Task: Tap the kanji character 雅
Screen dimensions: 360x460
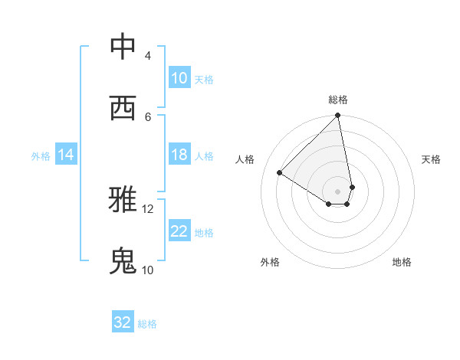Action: pos(123,201)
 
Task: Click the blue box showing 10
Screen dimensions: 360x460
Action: pos(179,78)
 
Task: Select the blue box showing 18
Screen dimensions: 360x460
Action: pos(179,155)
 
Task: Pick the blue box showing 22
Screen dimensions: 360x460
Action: pos(179,231)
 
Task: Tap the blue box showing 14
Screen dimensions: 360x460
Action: pos(66,155)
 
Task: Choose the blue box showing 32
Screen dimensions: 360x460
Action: pos(123,322)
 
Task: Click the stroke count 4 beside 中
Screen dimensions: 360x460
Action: pos(148,55)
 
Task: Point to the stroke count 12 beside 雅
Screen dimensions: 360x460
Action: pos(148,208)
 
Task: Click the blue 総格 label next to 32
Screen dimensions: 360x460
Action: pos(147,323)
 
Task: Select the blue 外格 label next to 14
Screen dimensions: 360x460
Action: pos(41,155)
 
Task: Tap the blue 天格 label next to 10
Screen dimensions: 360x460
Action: pos(204,79)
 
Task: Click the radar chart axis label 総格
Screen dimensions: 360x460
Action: pos(338,100)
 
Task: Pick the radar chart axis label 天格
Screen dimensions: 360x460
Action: pos(431,159)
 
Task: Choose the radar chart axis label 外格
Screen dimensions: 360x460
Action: pos(270,262)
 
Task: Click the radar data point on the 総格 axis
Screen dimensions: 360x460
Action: pos(338,116)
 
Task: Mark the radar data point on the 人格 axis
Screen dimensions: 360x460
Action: pos(280,173)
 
